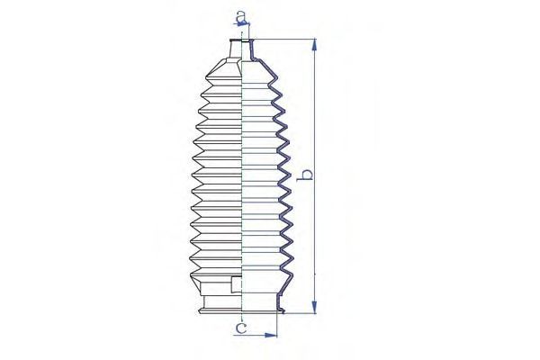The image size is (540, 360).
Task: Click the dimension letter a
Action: [x=241, y=15]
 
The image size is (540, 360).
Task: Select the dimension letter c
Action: [x=241, y=328]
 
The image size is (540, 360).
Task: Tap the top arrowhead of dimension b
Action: [x=314, y=45]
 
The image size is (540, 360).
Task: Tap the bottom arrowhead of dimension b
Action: [x=314, y=307]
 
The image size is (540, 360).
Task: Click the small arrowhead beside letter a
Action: [x=243, y=23]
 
